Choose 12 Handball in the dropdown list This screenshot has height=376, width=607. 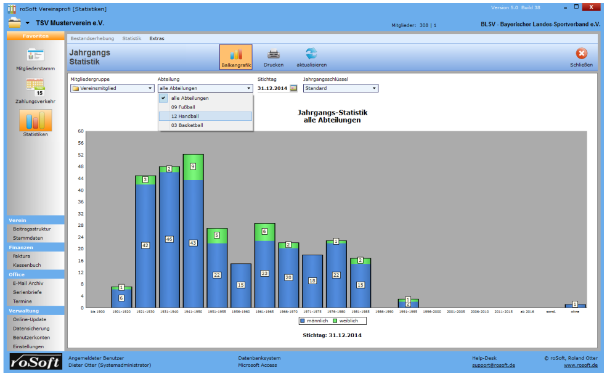click(x=205, y=116)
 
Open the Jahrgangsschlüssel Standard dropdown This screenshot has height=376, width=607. click(x=340, y=88)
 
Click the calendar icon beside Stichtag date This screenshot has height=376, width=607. click(x=294, y=88)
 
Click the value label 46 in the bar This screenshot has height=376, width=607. click(x=169, y=239)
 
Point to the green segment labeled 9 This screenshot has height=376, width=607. click(x=193, y=166)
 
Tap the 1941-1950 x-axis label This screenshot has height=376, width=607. click(x=193, y=312)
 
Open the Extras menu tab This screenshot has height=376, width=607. click(x=157, y=38)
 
